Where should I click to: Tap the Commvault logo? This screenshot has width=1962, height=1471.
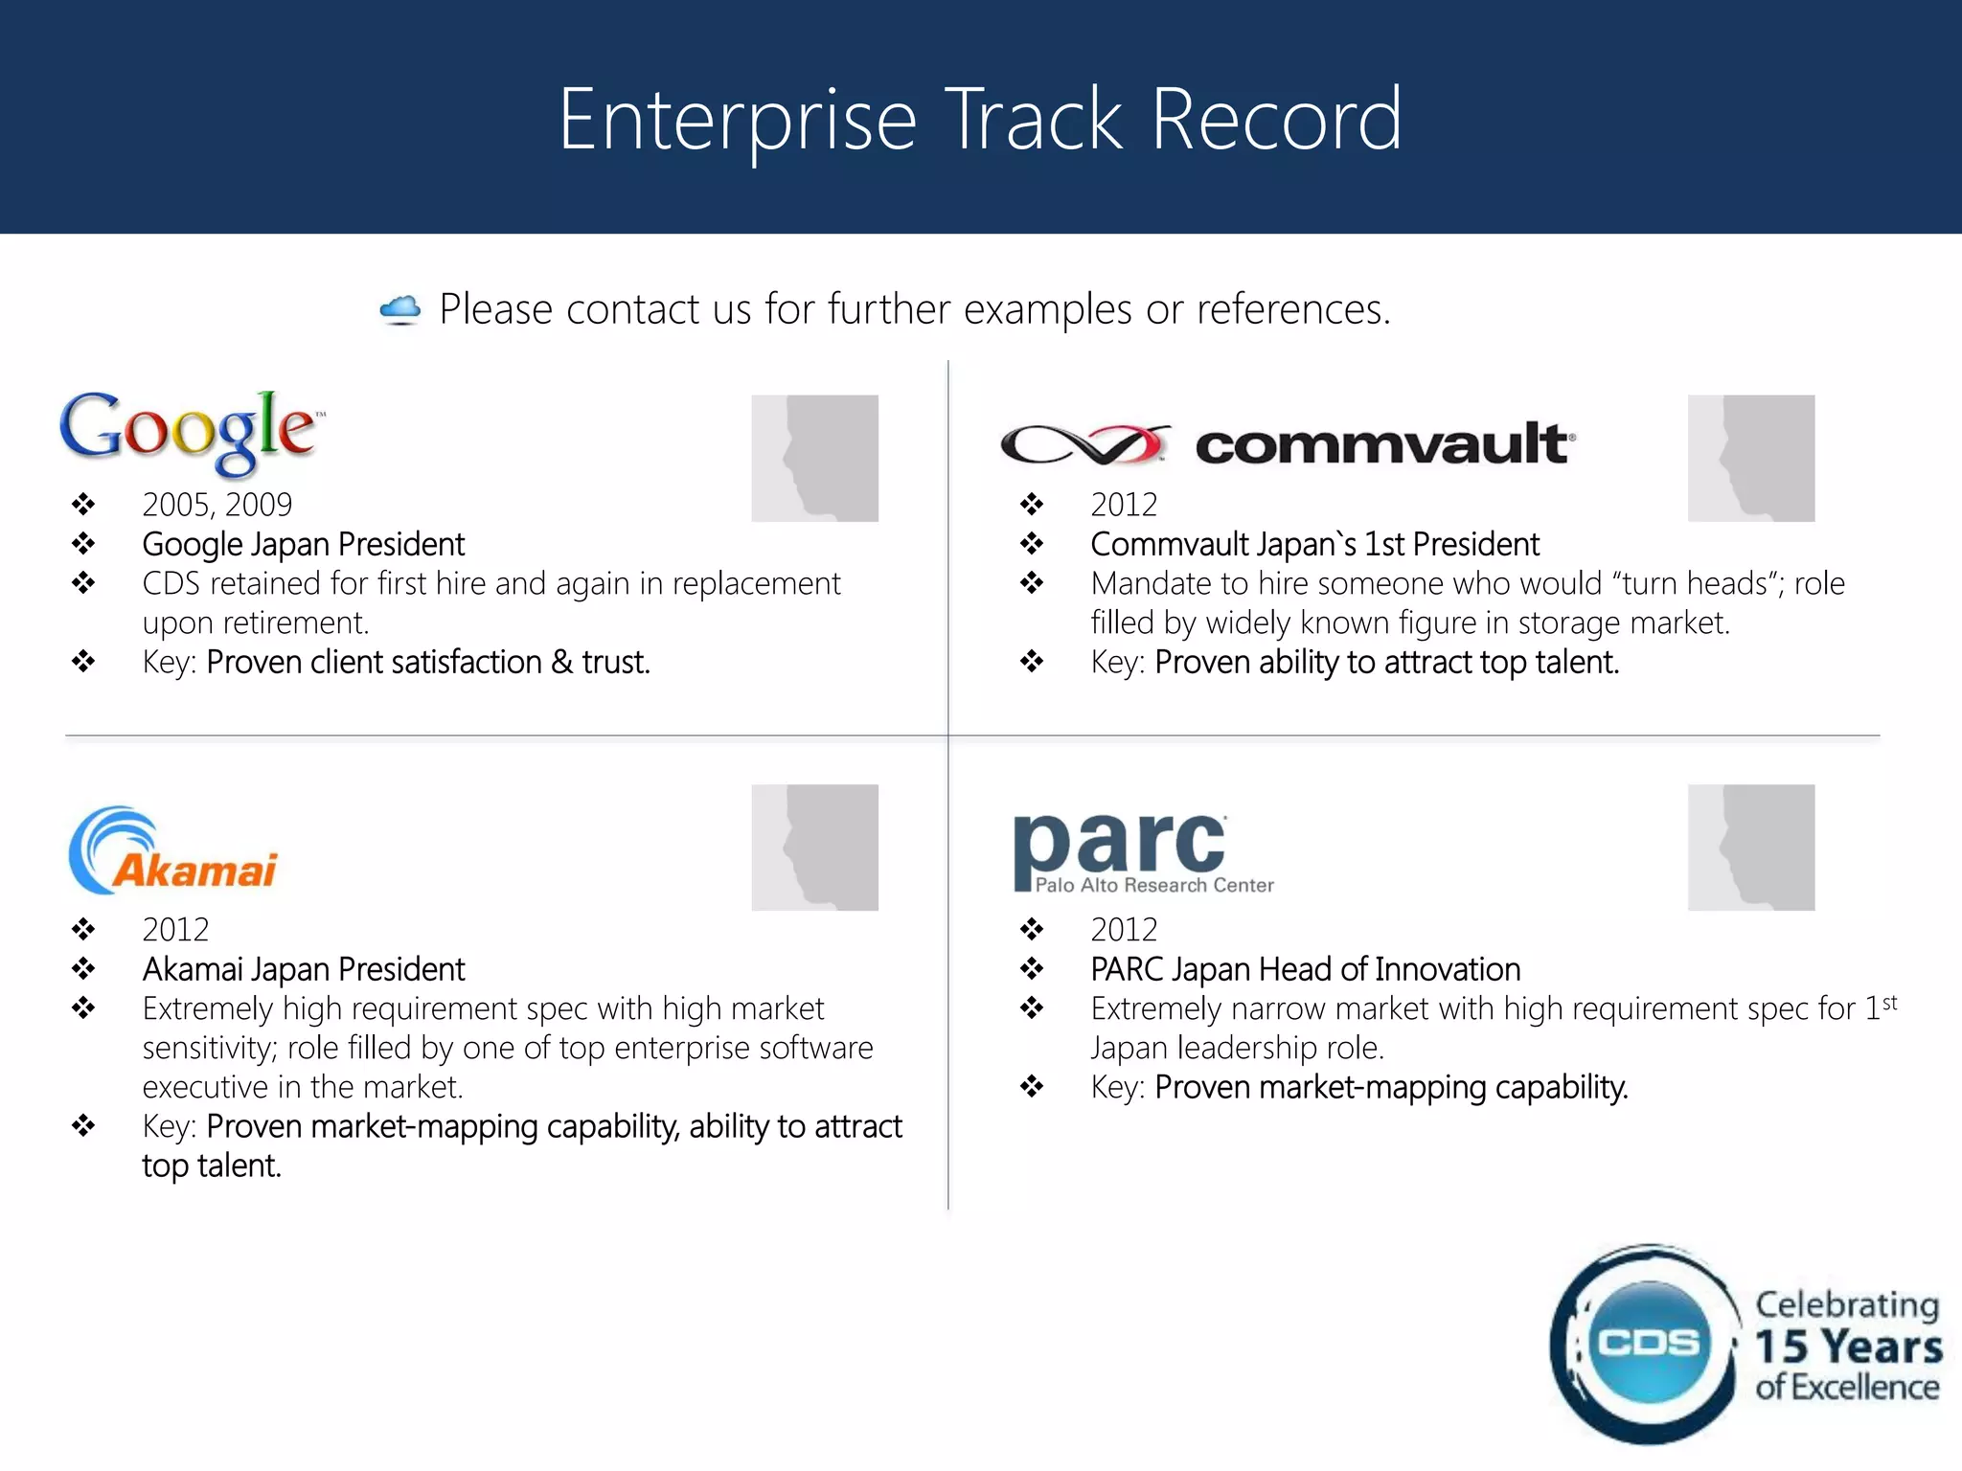coord(1286,444)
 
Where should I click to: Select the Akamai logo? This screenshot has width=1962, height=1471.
coord(173,851)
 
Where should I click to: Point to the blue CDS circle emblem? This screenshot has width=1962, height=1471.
coord(1647,1343)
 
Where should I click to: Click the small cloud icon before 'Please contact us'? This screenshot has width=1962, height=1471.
coord(400,309)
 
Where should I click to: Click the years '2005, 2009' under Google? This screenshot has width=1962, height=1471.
coord(217,505)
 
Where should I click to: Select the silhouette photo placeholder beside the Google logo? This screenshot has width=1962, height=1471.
coord(814,458)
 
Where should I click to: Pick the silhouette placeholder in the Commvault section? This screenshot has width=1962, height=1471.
coord(1750,458)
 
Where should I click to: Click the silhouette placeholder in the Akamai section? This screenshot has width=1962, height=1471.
coord(814,848)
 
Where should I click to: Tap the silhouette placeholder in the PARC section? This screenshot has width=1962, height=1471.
coord(1750,848)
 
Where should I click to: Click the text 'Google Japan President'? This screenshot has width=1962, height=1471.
coord(304,545)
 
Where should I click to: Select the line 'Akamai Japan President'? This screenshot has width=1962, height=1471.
coord(304,969)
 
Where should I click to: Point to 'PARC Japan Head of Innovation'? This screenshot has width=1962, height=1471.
coord(1305,969)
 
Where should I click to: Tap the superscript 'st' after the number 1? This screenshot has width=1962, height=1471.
coord(1889,1003)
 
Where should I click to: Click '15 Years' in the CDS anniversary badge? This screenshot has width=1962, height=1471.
coord(1848,1347)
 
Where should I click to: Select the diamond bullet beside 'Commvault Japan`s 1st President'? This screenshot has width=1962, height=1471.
coord(1032,544)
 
